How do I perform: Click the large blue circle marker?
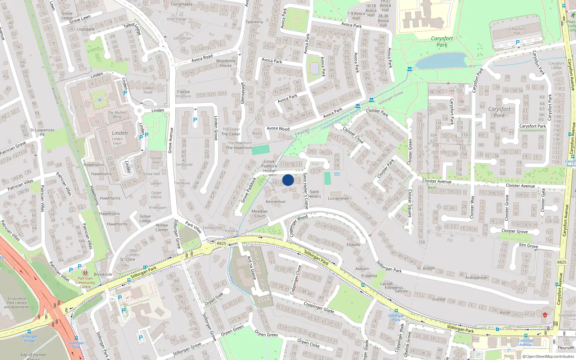pos(288,180)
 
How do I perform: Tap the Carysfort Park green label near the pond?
pos(442,42)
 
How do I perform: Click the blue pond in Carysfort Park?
pos(442,61)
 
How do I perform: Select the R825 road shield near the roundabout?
pos(221,243)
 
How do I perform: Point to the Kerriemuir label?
pos(276,202)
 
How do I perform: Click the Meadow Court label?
pos(260,214)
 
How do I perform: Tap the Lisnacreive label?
pos(338,198)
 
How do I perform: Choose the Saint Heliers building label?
pos(314,194)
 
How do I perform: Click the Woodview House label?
pos(226,63)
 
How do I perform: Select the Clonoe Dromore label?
pos(183,94)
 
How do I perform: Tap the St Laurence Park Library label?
pos(17,303)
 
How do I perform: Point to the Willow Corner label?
pos(162,228)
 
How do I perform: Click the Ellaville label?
pos(353,244)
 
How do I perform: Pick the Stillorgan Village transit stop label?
pos(29,338)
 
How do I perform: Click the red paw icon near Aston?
pos(545,315)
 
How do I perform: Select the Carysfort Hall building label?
pos(517,31)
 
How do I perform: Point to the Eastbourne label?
pos(212,228)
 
